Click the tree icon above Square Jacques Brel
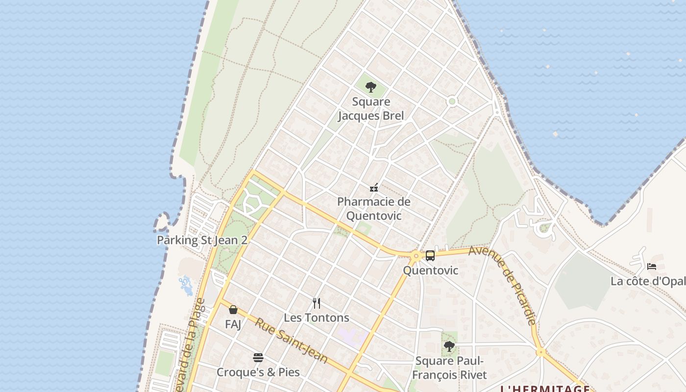point(371,88)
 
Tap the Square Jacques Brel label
point(371,109)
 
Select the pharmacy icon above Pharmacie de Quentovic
point(374,188)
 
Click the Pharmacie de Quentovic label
point(374,209)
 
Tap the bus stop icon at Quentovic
point(430,256)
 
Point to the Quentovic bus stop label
point(430,270)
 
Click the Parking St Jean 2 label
point(202,240)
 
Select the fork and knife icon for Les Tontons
point(317,303)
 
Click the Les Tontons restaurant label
point(317,318)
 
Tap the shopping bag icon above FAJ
point(233,310)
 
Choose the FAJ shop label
point(233,324)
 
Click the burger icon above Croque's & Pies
point(258,358)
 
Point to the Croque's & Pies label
point(258,372)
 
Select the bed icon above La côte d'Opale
point(651,267)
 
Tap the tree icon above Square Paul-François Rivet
point(449,346)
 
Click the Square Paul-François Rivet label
point(449,368)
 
